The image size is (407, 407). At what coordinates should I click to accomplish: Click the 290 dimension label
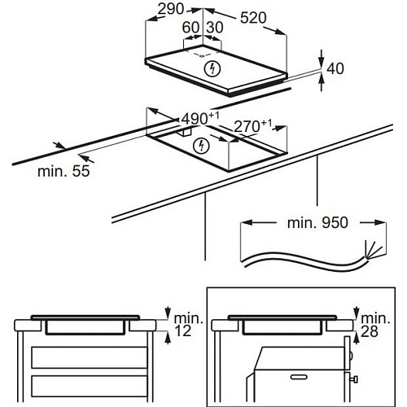click(x=171, y=9)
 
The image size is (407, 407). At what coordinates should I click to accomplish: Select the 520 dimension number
click(x=253, y=18)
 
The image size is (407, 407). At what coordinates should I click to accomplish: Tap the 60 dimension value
click(x=190, y=27)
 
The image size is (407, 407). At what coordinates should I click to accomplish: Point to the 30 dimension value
click(x=215, y=27)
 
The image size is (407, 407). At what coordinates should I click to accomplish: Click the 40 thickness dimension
click(x=335, y=68)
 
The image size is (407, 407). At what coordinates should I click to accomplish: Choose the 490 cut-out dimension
click(x=200, y=118)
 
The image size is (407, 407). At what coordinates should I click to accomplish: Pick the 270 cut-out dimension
click(x=252, y=126)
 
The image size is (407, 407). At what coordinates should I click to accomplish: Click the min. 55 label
click(x=63, y=171)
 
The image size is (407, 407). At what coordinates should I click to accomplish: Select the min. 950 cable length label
click(x=317, y=223)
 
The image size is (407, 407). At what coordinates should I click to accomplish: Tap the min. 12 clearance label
click(x=188, y=325)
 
